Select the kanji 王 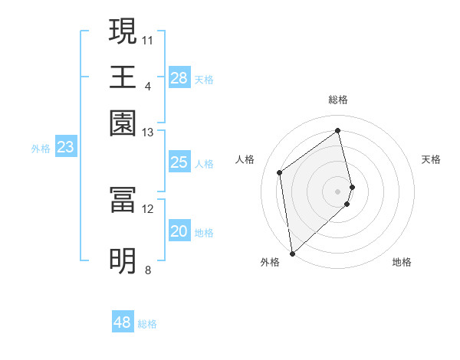click(123, 77)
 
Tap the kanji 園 click(123, 123)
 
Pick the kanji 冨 click(123, 200)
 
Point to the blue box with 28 click(179, 78)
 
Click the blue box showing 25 click(179, 162)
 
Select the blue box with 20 click(179, 232)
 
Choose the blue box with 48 click(123, 322)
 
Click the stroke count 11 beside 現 click(148, 39)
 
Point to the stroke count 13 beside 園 click(148, 133)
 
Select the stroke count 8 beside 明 click(148, 270)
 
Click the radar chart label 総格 click(338, 100)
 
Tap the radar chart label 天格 click(431, 159)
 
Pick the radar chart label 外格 click(270, 262)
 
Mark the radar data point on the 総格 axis click(338, 130)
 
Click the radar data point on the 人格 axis click(280, 172)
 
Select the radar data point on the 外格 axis click(292, 254)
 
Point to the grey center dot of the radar click(338, 191)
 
